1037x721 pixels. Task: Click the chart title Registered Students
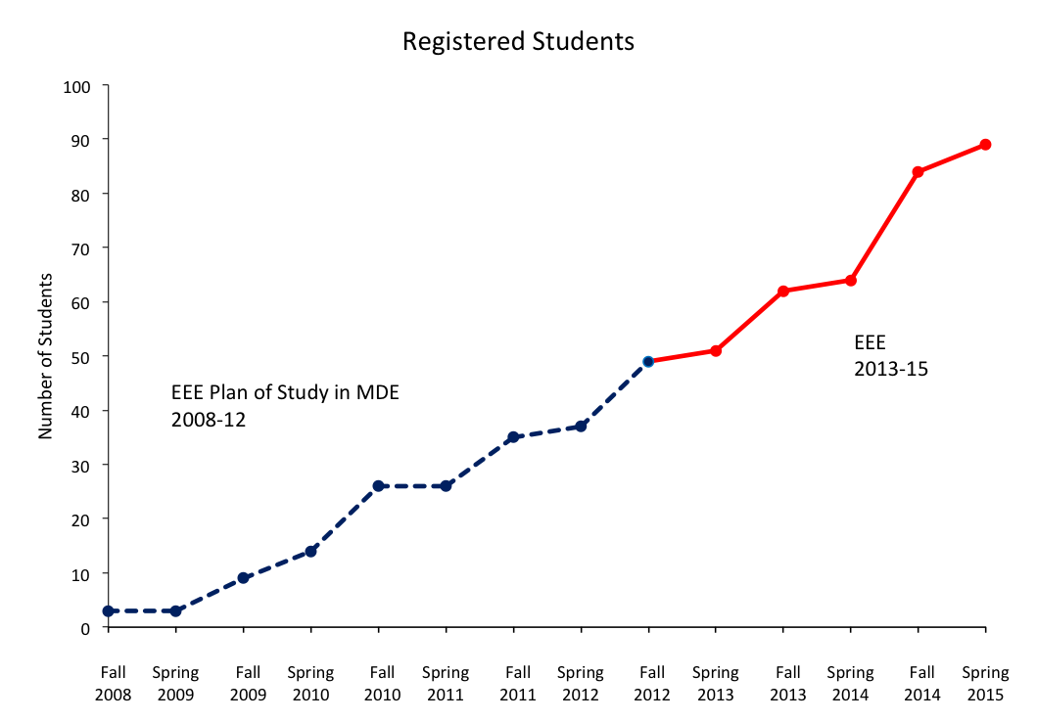(x=518, y=42)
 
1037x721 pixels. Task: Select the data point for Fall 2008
(x=108, y=611)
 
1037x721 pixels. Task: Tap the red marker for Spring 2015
(x=985, y=145)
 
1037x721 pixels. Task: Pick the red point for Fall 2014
(x=918, y=172)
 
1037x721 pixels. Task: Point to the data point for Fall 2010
(x=378, y=486)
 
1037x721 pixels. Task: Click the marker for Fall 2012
(x=648, y=361)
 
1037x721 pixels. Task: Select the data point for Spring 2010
(x=310, y=551)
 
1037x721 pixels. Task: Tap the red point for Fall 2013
(x=783, y=291)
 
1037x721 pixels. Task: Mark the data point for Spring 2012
(x=581, y=427)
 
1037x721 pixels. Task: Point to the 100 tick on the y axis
(x=76, y=86)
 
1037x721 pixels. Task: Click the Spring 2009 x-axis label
(x=175, y=684)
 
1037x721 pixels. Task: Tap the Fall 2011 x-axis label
(x=518, y=684)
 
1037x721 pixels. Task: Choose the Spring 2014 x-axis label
(x=850, y=684)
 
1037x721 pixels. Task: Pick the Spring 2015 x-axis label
(x=985, y=684)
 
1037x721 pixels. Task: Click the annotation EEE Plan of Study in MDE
(x=285, y=393)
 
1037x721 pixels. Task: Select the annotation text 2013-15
(x=890, y=370)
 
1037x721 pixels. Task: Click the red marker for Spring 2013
(x=716, y=350)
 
